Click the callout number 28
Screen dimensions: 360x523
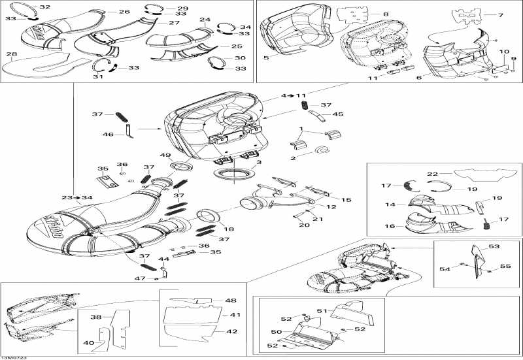tap(12, 54)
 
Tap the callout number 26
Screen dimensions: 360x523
tap(124, 12)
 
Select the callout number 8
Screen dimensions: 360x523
tap(386, 14)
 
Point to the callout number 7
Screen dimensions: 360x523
tap(501, 15)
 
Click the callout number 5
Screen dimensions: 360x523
tap(266, 58)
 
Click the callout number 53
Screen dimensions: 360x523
tap(494, 246)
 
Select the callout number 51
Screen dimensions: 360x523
tap(321, 311)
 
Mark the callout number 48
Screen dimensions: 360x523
tap(231, 301)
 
